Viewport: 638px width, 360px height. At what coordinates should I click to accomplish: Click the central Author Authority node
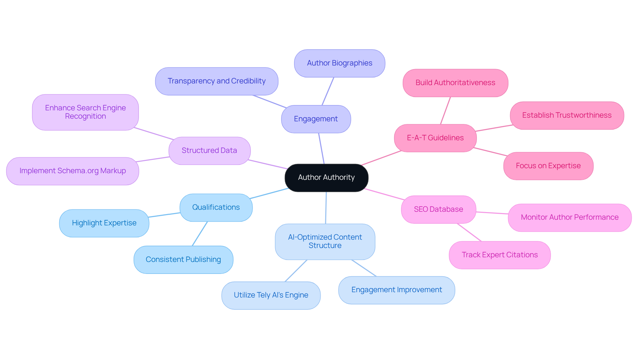tap(326, 178)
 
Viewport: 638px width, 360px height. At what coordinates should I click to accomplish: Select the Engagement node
tap(316, 119)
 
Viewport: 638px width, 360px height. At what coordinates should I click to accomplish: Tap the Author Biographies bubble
tap(339, 63)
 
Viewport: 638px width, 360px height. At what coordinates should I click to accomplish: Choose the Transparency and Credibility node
tap(216, 81)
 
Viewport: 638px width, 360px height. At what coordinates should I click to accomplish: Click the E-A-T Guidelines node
tap(435, 138)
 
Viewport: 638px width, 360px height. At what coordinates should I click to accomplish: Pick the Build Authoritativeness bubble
tap(455, 83)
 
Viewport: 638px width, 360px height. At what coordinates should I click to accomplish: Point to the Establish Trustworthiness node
tap(567, 115)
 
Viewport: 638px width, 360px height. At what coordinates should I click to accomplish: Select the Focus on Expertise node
tap(548, 166)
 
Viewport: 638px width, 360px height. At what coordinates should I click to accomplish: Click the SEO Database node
tap(438, 209)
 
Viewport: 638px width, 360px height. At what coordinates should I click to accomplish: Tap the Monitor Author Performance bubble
tap(570, 217)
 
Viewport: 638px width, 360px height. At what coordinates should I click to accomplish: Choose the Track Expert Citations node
tap(499, 255)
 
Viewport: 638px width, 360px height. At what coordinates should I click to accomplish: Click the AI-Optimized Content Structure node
tap(325, 241)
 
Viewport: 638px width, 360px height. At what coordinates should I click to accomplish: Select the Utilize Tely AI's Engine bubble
tap(271, 295)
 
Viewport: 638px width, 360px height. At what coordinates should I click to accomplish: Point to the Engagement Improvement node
tap(396, 290)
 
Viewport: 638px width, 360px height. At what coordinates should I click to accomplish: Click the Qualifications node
tap(216, 207)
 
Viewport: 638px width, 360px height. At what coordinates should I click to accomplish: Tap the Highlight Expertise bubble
tap(104, 223)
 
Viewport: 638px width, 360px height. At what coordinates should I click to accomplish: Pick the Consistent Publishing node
tap(183, 260)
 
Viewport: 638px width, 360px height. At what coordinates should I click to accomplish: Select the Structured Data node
tap(209, 151)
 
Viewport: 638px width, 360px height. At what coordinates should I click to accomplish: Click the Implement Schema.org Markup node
tap(72, 171)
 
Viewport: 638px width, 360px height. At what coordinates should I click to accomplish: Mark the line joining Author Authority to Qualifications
tap(269, 193)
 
